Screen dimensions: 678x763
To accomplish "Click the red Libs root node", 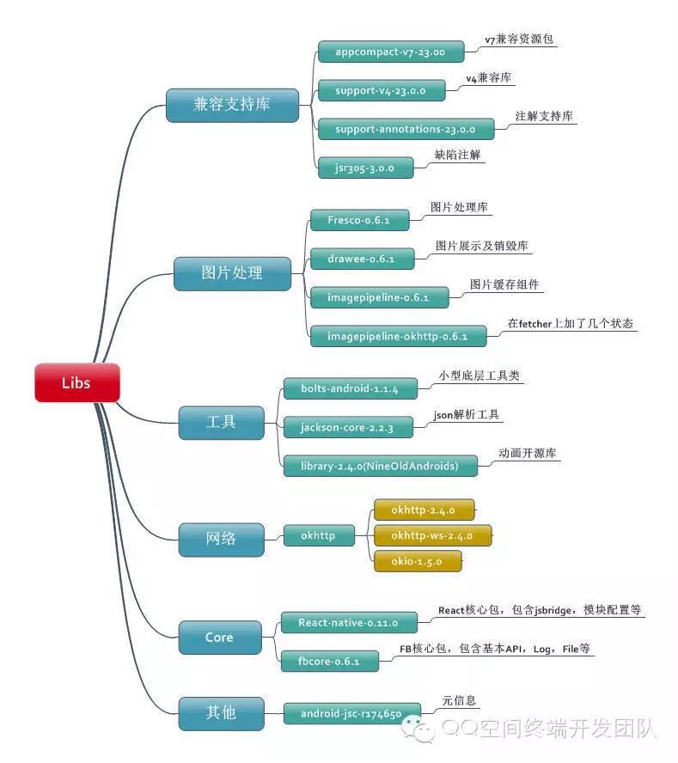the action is [76, 382].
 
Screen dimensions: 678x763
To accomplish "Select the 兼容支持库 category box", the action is [232, 105].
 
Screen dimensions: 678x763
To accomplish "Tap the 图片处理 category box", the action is [232, 274].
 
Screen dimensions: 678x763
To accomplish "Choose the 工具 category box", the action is [221, 423].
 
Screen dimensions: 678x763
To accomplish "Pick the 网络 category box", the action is [221, 540].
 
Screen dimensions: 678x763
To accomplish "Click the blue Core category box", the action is [219, 638].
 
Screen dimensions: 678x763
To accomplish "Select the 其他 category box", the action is [221, 714].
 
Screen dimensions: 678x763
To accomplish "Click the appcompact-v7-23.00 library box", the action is [391, 52].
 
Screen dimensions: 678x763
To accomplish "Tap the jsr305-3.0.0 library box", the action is [365, 168].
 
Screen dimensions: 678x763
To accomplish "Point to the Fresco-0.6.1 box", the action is [360, 221].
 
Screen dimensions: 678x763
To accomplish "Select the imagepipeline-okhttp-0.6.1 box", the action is [398, 336].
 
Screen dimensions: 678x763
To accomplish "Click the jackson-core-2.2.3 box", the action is [348, 427].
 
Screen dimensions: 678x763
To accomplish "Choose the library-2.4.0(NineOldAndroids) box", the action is [380, 467].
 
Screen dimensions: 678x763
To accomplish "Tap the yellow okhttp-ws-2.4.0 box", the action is [433, 536].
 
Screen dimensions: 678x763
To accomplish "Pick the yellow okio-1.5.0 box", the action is [418, 562].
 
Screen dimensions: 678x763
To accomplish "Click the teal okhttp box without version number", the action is [319, 536].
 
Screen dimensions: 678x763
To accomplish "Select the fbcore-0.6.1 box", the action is [329, 662].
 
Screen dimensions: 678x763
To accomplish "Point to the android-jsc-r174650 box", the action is [352, 714].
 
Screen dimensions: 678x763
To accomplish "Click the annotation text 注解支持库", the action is [544, 116].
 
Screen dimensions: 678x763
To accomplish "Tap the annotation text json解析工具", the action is [467, 415].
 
